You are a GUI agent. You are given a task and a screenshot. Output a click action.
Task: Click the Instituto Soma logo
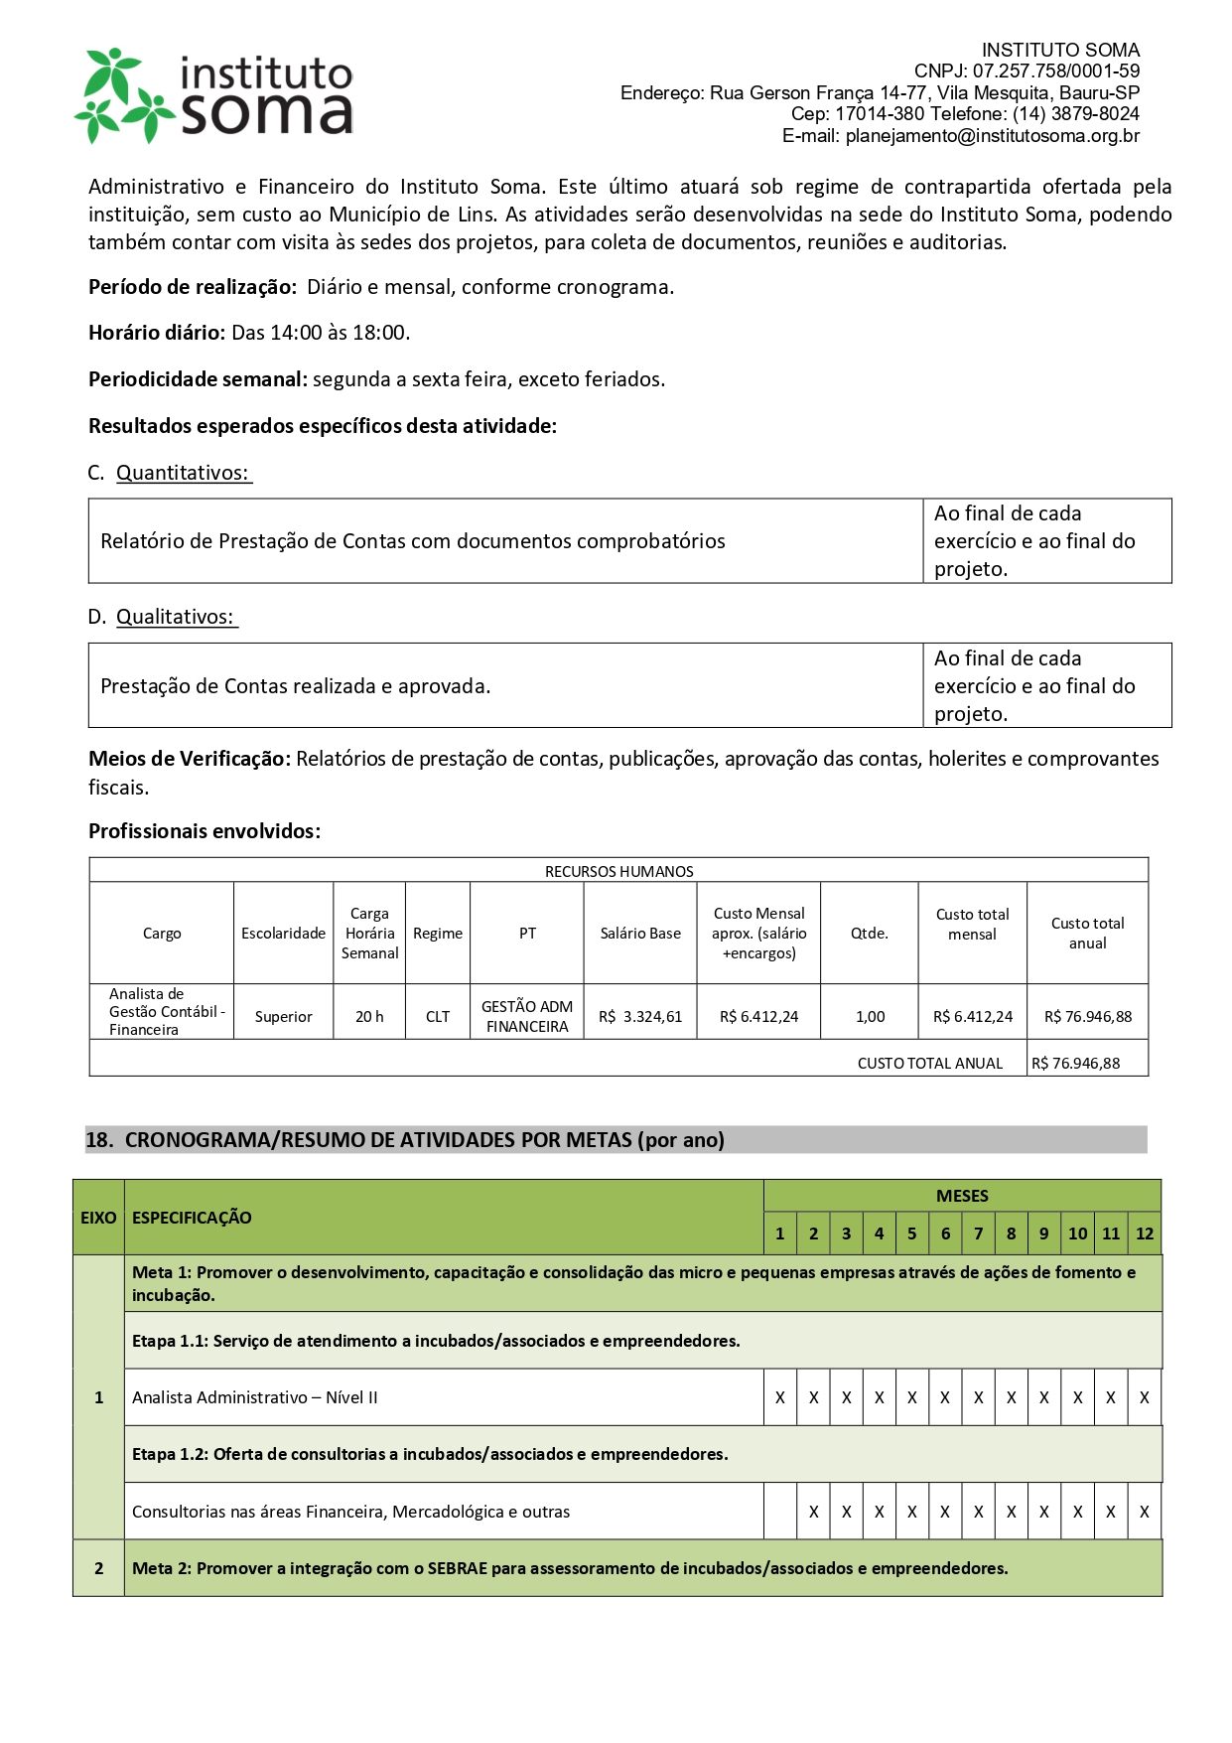click(214, 96)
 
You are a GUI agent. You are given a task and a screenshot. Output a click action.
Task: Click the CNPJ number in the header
click(1056, 72)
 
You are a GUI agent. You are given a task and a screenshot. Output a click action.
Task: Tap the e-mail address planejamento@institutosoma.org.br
click(992, 136)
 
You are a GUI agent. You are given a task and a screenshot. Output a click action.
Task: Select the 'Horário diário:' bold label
click(157, 333)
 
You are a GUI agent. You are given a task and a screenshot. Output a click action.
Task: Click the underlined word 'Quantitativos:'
click(184, 473)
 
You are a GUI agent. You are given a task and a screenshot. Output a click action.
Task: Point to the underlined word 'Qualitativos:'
click(177, 617)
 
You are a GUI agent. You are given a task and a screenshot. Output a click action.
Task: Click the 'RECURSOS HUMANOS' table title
click(618, 871)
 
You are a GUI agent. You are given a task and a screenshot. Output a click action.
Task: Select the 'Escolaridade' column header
click(283, 934)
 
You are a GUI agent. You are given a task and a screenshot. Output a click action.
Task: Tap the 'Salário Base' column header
click(640, 934)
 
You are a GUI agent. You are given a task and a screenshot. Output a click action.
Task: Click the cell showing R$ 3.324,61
click(640, 1016)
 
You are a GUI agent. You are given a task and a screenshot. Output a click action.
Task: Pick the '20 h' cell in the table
click(369, 1016)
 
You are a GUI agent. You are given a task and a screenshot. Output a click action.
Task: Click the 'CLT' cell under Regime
click(438, 1016)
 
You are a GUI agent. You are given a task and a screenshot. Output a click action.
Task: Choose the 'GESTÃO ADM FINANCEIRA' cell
click(527, 1016)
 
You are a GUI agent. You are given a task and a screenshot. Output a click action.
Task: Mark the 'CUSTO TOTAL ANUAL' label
click(929, 1063)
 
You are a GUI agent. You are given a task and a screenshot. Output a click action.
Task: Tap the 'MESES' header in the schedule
click(962, 1196)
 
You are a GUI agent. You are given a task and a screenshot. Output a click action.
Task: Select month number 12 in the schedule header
click(1145, 1234)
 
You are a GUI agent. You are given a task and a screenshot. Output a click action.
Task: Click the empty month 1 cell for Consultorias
click(780, 1512)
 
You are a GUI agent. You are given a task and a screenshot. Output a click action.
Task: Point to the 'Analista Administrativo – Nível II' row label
click(255, 1397)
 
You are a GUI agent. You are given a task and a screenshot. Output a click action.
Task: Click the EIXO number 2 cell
click(99, 1568)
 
